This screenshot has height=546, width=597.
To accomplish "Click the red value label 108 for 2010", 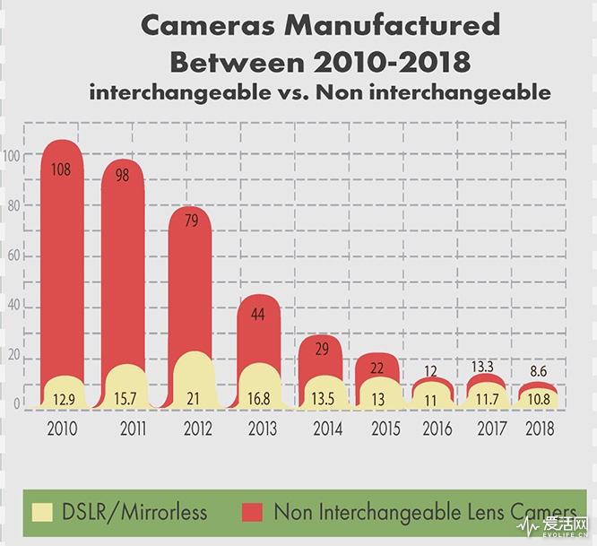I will [x=62, y=168].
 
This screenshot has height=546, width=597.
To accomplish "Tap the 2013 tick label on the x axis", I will [x=260, y=429].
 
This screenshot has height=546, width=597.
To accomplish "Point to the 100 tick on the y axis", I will [x=11, y=155].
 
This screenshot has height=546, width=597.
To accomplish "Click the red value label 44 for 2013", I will [x=258, y=315].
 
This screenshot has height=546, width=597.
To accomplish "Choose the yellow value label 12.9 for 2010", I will [x=63, y=400].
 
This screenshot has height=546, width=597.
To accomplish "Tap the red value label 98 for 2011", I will [x=122, y=176].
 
